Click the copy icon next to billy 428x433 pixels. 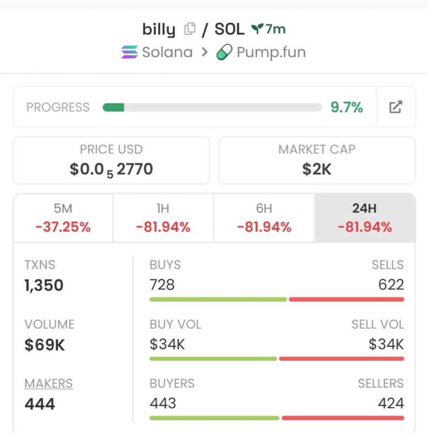click(190, 29)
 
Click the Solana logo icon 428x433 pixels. click(129, 52)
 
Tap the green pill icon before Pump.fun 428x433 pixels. click(224, 53)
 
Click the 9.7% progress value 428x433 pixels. click(347, 107)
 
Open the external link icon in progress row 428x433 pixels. click(395, 107)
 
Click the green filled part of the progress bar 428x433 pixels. click(114, 107)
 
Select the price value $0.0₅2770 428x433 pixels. click(111, 169)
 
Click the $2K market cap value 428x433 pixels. click(317, 169)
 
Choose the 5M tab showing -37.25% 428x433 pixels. click(63, 218)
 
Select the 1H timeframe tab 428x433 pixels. click(163, 218)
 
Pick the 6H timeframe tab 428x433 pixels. click(264, 218)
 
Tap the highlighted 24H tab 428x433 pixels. click(365, 218)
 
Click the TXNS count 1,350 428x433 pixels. click(44, 285)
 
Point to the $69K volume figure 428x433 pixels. click(45, 345)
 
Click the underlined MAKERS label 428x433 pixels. click(49, 384)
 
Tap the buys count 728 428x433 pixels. click(162, 285)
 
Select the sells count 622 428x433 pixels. click(391, 285)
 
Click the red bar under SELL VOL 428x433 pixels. click(341, 359)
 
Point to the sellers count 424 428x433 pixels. click(391, 403)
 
